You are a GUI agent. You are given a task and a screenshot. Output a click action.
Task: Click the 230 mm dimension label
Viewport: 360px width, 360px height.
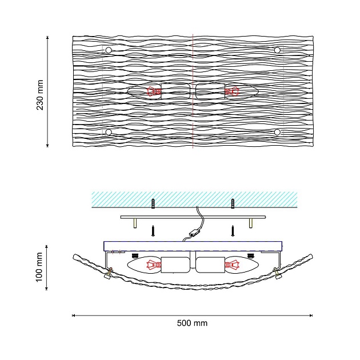pyautogui.click(x=40, y=95)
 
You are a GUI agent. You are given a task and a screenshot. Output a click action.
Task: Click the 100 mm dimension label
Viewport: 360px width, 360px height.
pyautogui.click(x=39, y=267)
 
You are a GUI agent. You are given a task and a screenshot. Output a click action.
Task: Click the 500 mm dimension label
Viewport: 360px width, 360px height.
pyautogui.click(x=192, y=323)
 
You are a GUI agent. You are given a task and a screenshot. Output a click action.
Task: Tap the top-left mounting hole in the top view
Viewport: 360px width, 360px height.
pyautogui.click(x=109, y=50)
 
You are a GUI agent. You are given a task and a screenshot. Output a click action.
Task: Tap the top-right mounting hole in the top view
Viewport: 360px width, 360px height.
pyautogui.click(x=277, y=50)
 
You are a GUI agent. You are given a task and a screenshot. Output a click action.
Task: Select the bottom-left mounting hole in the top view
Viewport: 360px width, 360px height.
pyautogui.click(x=109, y=132)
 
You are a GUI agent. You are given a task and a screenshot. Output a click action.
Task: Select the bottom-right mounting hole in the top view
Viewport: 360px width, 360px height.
pyautogui.click(x=277, y=132)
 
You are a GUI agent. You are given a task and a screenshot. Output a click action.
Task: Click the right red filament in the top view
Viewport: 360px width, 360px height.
pyautogui.click(x=232, y=91)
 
